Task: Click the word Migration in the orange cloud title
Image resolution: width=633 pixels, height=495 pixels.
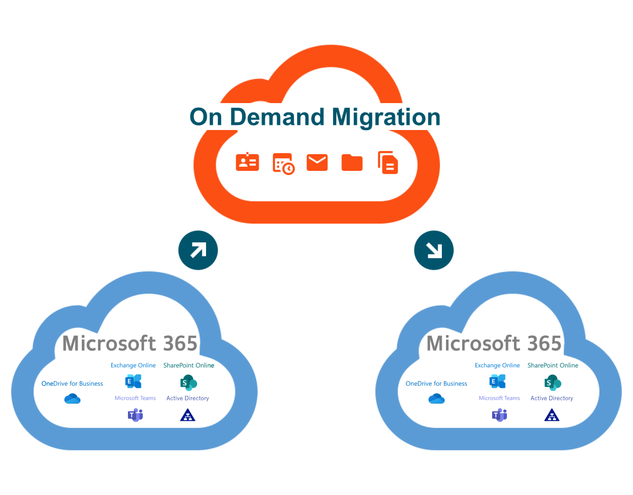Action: (x=386, y=117)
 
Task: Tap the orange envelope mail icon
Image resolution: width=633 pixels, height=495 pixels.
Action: (x=317, y=163)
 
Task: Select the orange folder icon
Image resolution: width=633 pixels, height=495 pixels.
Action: (x=352, y=163)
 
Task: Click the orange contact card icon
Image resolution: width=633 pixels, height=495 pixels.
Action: (x=247, y=162)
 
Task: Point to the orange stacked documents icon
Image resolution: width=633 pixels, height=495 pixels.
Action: (x=388, y=163)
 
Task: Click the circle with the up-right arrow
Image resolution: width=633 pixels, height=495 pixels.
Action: (x=198, y=250)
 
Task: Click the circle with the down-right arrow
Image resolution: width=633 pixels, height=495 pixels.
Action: (x=434, y=250)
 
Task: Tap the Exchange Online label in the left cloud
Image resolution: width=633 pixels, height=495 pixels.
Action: (x=133, y=365)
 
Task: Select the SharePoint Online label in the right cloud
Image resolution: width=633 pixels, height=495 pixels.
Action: (x=553, y=365)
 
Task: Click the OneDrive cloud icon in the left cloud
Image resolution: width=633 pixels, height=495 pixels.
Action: (x=73, y=398)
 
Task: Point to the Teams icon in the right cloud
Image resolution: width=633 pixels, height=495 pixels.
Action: (x=500, y=415)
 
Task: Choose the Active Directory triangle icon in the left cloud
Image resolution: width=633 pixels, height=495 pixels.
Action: (x=188, y=415)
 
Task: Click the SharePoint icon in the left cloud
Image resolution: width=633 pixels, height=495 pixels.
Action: (x=188, y=383)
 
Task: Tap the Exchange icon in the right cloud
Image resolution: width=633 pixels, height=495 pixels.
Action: (x=498, y=382)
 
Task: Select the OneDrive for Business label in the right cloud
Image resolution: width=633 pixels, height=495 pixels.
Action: (x=436, y=384)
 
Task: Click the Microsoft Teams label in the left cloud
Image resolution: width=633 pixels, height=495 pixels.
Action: (x=135, y=398)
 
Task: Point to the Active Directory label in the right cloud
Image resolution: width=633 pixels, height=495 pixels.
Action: (x=552, y=398)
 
